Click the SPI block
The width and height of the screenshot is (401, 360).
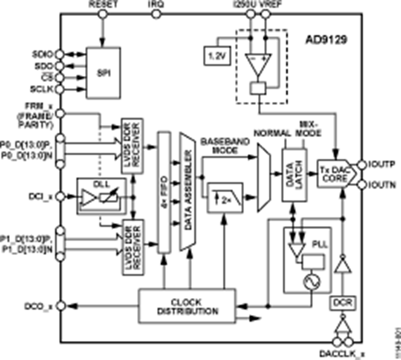point(104,72)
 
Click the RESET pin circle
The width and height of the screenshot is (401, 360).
point(103,14)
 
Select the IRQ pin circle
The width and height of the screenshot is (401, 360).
point(155,14)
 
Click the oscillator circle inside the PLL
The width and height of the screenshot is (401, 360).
point(309,281)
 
